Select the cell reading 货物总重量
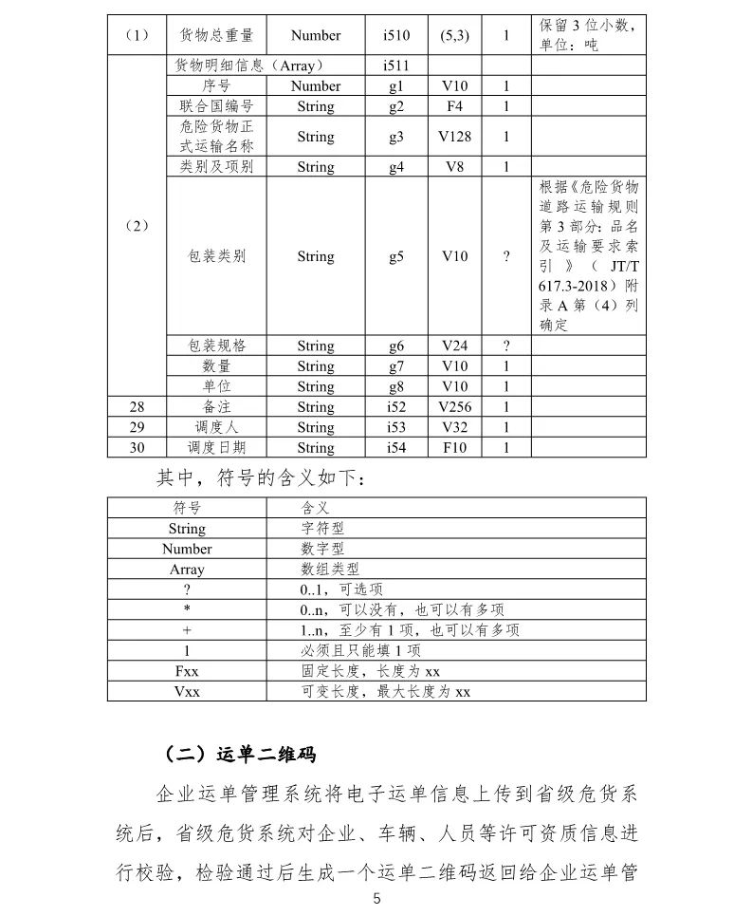[x=216, y=35]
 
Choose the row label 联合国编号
[x=216, y=106]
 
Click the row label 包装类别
[x=216, y=256]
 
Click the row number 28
[x=137, y=407]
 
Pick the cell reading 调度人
[x=216, y=427]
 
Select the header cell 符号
[x=187, y=509]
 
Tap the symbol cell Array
[x=187, y=570]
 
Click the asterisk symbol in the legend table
[x=187, y=610]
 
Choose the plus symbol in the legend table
[x=187, y=630]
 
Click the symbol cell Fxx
[x=187, y=671]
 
